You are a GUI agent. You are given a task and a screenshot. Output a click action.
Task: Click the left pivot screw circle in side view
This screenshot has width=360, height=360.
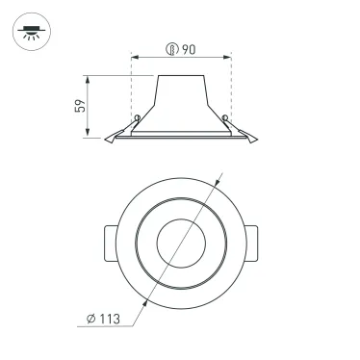click(x=140, y=119)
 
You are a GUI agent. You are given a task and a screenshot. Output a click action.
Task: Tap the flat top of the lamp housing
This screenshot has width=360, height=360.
click(x=182, y=74)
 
